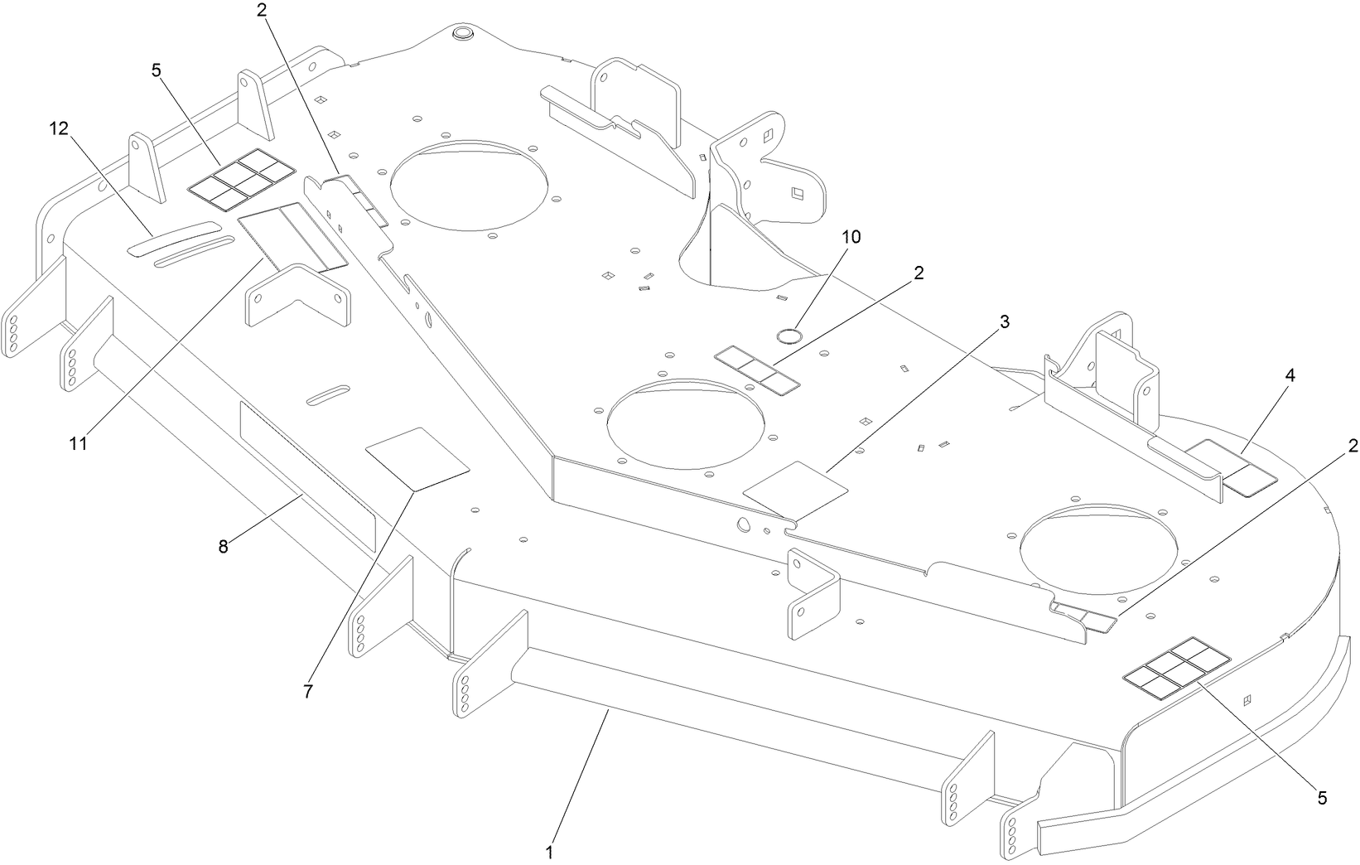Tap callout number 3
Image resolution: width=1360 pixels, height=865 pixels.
[x=1004, y=322]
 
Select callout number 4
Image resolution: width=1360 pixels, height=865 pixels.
[x=1290, y=375]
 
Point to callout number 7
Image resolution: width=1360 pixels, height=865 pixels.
[x=308, y=692]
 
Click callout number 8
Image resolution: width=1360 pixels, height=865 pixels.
[x=222, y=546]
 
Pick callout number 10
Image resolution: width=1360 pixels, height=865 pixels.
[x=851, y=237]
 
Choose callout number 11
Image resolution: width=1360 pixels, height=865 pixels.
[x=78, y=443]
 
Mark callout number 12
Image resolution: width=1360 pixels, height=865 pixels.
[x=58, y=128]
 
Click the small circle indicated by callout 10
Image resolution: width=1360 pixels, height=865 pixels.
[x=787, y=335]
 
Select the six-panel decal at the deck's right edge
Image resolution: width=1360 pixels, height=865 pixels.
[x=1175, y=665]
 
